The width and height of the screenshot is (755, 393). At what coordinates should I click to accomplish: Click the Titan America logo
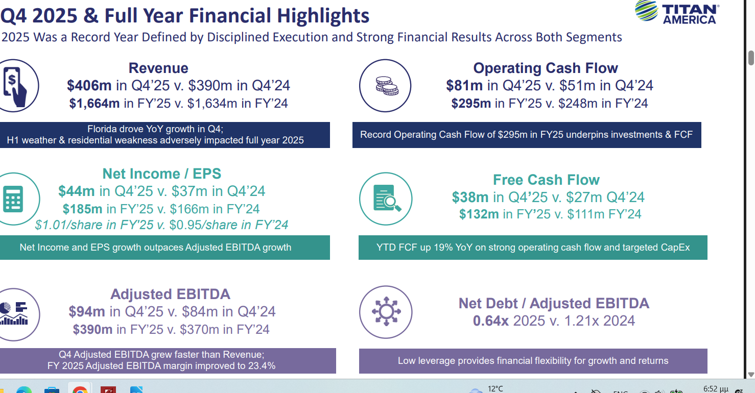tap(677, 12)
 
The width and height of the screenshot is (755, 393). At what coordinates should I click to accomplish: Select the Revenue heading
tap(158, 68)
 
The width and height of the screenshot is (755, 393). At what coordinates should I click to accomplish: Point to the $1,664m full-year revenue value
tap(95, 104)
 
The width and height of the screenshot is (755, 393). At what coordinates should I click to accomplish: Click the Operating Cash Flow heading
tap(546, 68)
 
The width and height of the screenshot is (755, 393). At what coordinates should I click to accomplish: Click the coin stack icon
tap(386, 85)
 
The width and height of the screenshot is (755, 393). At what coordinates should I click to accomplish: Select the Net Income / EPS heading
tap(162, 174)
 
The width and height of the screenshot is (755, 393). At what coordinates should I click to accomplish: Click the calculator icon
tap(13, 199)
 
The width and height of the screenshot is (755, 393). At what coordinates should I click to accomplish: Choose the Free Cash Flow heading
tap(546, 180)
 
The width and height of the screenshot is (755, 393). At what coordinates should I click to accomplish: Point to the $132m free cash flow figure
tap(479, 214)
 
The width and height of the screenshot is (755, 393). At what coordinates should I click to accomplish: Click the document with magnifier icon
tap(386, 199)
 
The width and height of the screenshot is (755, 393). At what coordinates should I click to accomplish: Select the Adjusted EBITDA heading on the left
tap(170, 294)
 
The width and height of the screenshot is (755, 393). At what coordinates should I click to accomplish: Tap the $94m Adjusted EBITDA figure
tap(87, 311)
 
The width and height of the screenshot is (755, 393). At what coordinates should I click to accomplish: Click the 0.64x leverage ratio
tap(491, 321)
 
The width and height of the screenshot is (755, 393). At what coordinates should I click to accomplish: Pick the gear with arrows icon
tap(386, 311)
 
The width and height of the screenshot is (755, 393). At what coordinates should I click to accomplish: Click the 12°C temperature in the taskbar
tap(495, 389)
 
